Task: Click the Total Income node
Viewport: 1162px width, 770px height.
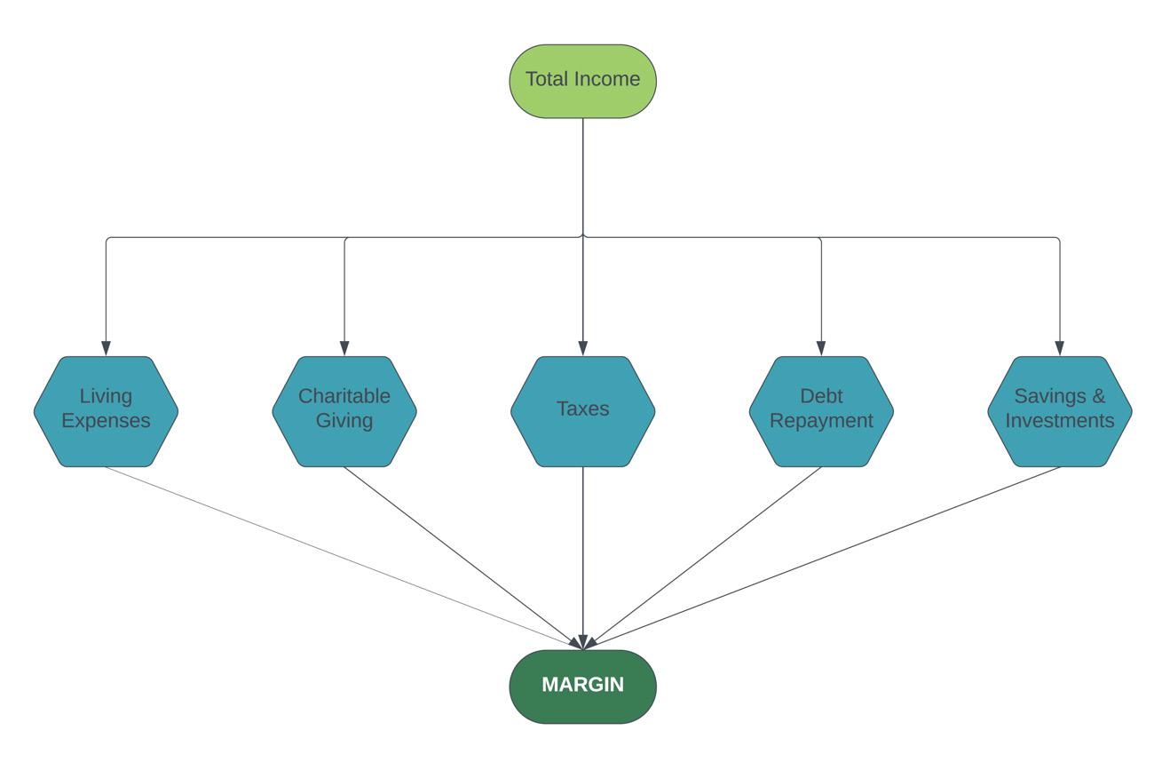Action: pos(582,81)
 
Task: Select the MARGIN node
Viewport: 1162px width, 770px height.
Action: pos(582,687)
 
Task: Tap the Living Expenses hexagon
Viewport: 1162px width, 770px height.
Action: pos(106,411)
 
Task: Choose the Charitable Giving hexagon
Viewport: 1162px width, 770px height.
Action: pos(344,411)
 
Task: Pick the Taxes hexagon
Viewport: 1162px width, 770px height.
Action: pos(582,411)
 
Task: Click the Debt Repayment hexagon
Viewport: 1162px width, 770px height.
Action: pos(821,411)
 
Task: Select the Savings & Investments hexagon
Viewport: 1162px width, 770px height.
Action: pos(1060,411)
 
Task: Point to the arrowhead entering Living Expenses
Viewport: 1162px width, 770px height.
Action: pos(106,348)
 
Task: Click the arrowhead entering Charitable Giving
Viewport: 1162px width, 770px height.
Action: pos(344,348)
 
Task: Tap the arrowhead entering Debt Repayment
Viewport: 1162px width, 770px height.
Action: pos(821,348)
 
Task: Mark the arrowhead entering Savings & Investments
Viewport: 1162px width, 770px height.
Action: pos(1060,348)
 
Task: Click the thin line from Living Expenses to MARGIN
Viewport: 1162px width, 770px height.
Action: pos(344,559)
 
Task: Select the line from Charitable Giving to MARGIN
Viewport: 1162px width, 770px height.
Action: pos(463,559)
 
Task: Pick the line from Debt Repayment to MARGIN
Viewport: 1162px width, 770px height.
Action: pos(702,559)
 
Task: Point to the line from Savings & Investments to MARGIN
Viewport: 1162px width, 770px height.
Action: pos(821,559)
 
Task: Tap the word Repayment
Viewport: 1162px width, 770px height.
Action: pos(821,421)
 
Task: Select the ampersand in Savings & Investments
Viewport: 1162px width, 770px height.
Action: pos(1098,396)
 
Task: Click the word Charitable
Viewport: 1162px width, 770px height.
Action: pos(344,396)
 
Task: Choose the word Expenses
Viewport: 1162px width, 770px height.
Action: pos(106,421)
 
